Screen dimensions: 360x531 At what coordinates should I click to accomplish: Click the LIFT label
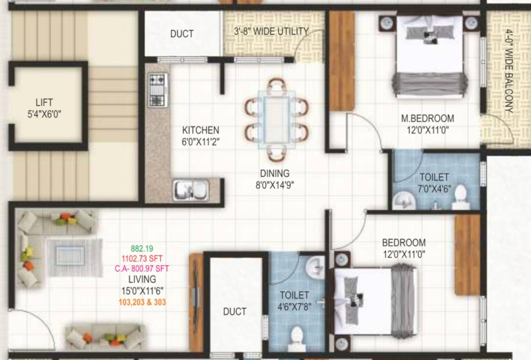(x=44, y=102)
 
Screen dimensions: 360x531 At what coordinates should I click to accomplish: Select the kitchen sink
(x=190, y=190)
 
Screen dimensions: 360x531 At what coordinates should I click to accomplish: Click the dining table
(x=276, y=122)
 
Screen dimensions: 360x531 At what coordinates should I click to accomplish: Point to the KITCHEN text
(x=200, y=130)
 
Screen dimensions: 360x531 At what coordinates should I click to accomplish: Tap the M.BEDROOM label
(x=427, y=119)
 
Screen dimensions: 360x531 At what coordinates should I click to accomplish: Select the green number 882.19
(x=142, y=248)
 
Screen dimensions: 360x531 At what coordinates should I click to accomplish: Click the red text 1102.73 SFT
(x=142, y=259)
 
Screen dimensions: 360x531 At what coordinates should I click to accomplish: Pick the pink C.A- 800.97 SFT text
(x=142, y=269)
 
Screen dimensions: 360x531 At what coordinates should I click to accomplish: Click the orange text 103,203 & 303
(x=142, y=302)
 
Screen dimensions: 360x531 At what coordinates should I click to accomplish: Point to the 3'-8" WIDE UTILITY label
(x=271, y=31)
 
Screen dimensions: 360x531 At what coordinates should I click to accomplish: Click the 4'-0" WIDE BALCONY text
(x=509, y=71)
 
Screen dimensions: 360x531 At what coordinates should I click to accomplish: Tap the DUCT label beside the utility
(x=181, y=34)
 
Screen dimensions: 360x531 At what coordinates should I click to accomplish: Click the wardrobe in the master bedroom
(x=341, y=61)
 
